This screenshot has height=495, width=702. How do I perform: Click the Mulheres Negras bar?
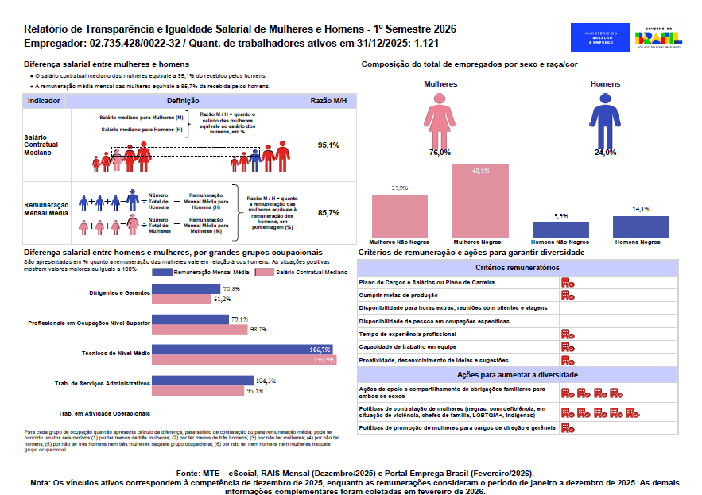(x=480, y=200)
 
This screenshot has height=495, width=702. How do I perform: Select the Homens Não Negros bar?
(x=560, y=229)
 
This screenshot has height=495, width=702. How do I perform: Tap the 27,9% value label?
(x=399, y=188)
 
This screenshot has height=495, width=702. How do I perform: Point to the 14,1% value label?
(x=641, y=209)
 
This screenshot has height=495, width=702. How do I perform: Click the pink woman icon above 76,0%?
(x=440, y=119)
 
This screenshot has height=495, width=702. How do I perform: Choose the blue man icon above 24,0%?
(x=606, y=119)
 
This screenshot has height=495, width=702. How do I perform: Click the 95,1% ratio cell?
(x=328, y=145)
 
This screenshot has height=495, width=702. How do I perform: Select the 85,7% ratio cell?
(x=328, y=213)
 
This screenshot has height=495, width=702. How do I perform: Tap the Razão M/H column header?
(x=328, y=101)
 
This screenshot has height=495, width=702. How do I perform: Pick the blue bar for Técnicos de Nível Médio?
(x=243, y=350)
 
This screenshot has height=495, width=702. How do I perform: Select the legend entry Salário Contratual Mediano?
(x=307, y=271)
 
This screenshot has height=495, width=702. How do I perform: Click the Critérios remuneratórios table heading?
(x=517, y=268)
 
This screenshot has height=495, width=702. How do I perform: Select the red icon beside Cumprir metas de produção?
(x=568, y=295)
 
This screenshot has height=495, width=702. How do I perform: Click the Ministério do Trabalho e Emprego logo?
(x=599, y=37)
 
